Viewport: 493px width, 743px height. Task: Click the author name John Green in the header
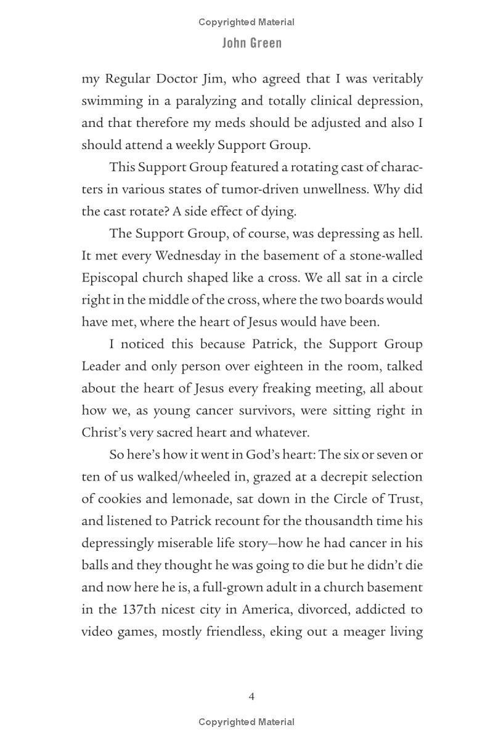tap(252, 43)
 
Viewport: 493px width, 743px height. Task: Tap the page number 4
tap(251, 696)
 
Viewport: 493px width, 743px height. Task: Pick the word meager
tap(358, 632)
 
